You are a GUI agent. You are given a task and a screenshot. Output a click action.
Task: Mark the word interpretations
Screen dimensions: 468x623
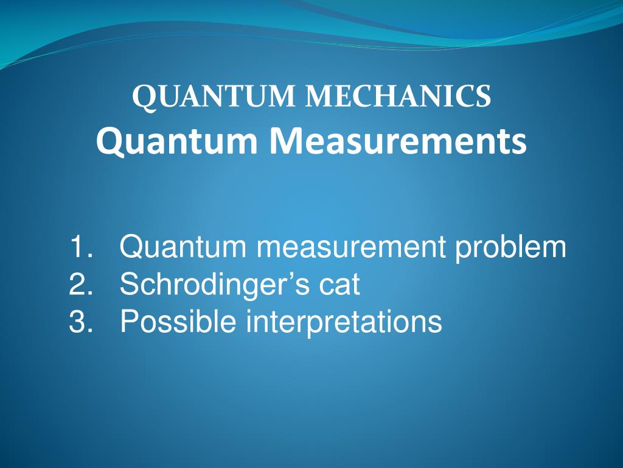pyautogui.click(x=344, y=322)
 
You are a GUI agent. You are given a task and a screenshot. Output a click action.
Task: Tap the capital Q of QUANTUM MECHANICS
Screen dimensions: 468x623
pyautogui.click(x=144, y=98)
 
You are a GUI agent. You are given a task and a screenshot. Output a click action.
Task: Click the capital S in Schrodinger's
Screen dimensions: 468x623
pyautogui.click(x=129, y=285)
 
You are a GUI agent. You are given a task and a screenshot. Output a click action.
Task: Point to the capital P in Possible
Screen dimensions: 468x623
pyautogui.click(x=129, y=321)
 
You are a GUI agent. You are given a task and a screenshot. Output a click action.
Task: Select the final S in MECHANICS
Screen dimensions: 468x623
pyautogui.click(x=483, y=97)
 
